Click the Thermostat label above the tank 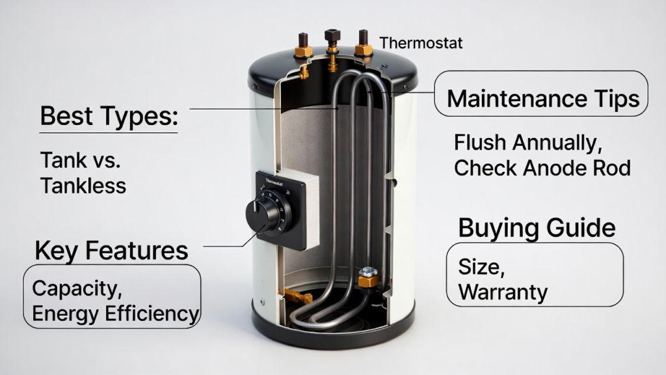(x=421, y=43)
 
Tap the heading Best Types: (x=109, y=116)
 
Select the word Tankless (x=83, y=186)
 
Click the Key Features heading (x=111, y=251)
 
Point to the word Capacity (x=77, y=288)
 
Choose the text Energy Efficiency (x=116, y=314)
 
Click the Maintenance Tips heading (x=543, y=99)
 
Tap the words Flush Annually (x=528, y=143)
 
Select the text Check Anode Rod (x=542, y=167)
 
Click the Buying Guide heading (x=537, y=229)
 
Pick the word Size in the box (x=481, y=268)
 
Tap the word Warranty (x=503, y=292)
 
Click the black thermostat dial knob (x=263, y=214)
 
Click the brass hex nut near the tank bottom (x=368, y=278)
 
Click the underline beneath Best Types (x=109, y=133)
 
